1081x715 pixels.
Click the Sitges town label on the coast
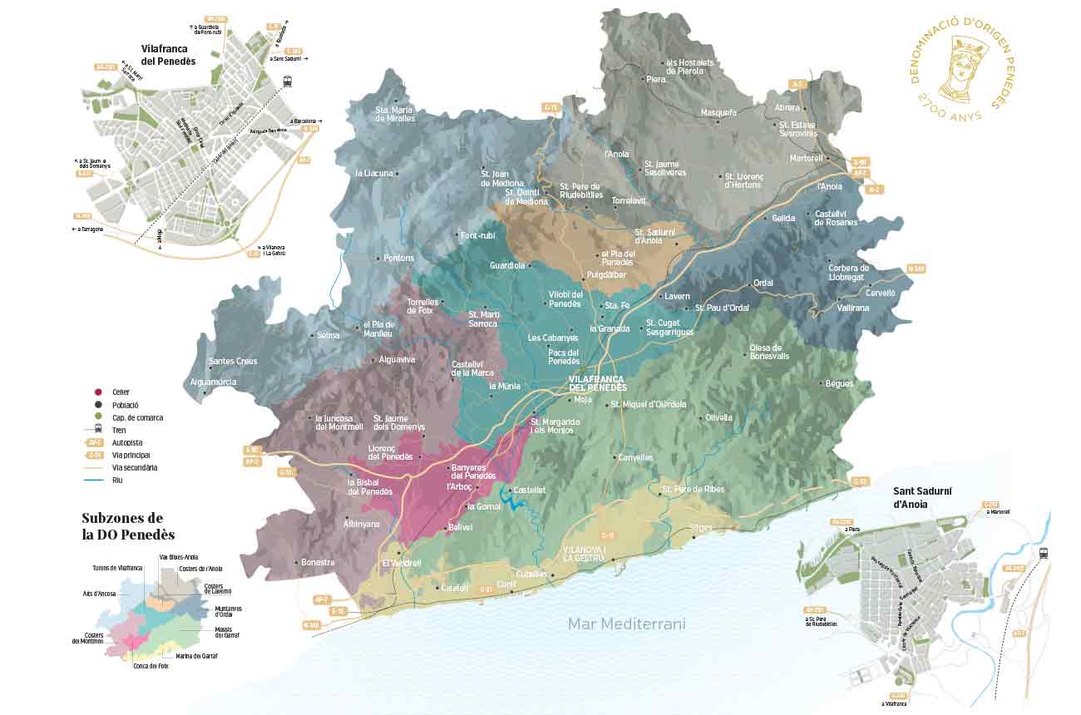click(x=702, y=528)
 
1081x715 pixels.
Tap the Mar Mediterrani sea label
click(x=627, y=624)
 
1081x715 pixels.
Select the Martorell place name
click(x=806, y=158)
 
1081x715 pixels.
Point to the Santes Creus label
click(x=233, y=361)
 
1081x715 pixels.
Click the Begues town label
click(x=840, y=383)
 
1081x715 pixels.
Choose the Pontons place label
click(x=398, y=258)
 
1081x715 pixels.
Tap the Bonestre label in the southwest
click(x=318, y=562)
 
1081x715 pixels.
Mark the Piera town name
click(x=656, y=79)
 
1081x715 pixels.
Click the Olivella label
click(x=718, y=417)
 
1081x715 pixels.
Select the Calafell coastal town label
click(x=455, y=588)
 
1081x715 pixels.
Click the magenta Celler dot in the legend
click(x=98, y=392)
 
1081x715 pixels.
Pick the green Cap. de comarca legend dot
click(x=98, y=417)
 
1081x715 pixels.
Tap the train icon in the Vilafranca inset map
click(x=288, y=81)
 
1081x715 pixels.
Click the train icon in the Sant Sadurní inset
click(x=1043, y=553)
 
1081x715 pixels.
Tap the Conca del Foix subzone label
click(x=151, y=666)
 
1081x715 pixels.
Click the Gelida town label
click(x=783, y=218)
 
